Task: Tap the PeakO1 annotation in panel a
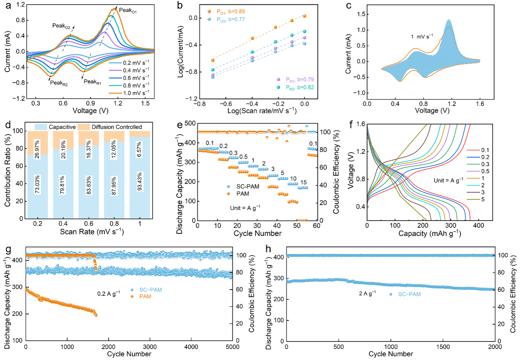128,11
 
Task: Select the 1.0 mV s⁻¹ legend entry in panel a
136,93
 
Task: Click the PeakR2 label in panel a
59,83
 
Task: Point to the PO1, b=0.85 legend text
231,12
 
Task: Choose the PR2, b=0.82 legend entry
300,87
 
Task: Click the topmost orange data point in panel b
304,16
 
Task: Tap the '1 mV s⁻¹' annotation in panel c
422,37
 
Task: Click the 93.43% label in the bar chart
140,182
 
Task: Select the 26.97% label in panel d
37,149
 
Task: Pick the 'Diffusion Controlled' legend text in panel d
117,127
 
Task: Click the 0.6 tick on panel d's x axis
89,224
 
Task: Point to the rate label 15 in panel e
304,182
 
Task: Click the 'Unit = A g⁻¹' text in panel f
448,181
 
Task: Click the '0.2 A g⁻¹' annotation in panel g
109,294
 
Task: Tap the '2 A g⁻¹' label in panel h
367,294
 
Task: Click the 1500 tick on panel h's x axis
443,347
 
